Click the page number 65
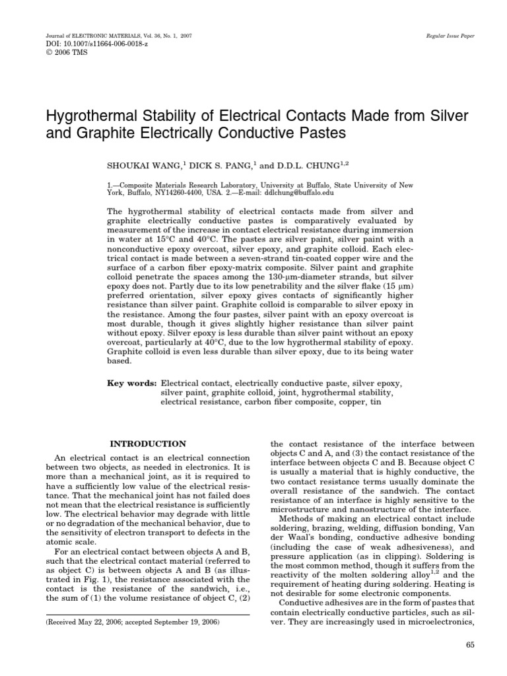470,645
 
